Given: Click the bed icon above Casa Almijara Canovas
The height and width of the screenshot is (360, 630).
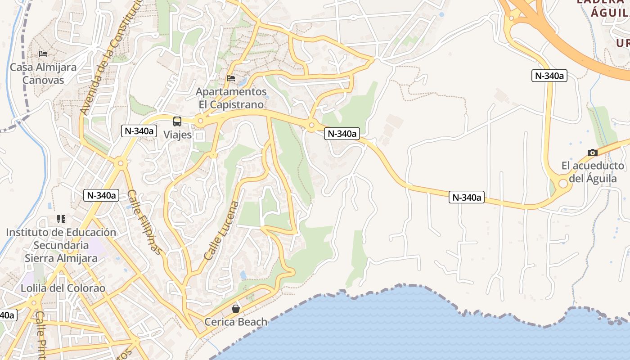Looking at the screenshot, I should click(x=43, y=54).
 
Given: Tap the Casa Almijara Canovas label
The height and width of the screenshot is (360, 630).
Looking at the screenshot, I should click(x=43, y=74).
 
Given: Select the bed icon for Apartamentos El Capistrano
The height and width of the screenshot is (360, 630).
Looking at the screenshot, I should click(x=231, y=78).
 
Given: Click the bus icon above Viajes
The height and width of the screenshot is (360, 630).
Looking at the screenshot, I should click(x=177, y=121).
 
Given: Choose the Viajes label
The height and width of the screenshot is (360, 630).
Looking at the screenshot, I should click(x=177, y=135).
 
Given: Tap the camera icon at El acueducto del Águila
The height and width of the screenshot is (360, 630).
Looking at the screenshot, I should click(x=592, y=153).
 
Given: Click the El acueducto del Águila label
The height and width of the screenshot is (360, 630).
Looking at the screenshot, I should click(x=593, y=172).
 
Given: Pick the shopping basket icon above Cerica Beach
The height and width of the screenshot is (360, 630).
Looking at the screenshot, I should click(x=235, y=309).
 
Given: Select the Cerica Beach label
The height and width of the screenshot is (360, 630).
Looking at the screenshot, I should click(x=236, y=322).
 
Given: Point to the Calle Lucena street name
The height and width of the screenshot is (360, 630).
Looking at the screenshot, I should click(x=222, y=230).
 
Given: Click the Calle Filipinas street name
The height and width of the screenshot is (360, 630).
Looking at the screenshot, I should click(x=144, y=221).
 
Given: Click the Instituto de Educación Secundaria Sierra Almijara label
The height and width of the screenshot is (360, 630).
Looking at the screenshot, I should click(x=61, y=245).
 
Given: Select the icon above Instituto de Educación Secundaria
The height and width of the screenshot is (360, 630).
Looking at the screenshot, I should click(x=61, y=219).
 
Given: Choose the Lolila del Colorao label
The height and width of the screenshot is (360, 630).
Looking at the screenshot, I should click(x=63, y=288).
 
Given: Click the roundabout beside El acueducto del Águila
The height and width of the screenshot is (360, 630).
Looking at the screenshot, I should click(x=562, y=184).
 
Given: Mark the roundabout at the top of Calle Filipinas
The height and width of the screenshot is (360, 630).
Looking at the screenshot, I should click(x=120, y=163).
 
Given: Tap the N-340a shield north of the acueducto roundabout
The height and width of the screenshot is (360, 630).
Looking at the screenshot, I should click(x=549, y=76).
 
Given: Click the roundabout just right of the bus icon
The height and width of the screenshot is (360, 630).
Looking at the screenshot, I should click(x=200, y=121).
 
